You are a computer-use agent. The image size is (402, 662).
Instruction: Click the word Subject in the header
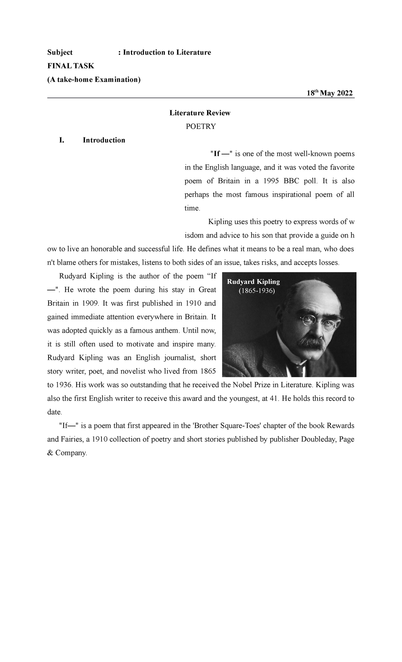[60, 52]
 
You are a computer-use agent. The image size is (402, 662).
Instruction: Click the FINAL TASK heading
[71, 66]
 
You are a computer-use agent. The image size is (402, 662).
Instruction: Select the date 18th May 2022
[330, 93]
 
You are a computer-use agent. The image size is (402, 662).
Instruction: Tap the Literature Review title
[200, 113]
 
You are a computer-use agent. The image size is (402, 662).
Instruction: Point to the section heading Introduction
[104, 140]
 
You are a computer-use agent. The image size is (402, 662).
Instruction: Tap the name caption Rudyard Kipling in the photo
[253, 282]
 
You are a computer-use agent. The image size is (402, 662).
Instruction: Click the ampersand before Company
[50, 453]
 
